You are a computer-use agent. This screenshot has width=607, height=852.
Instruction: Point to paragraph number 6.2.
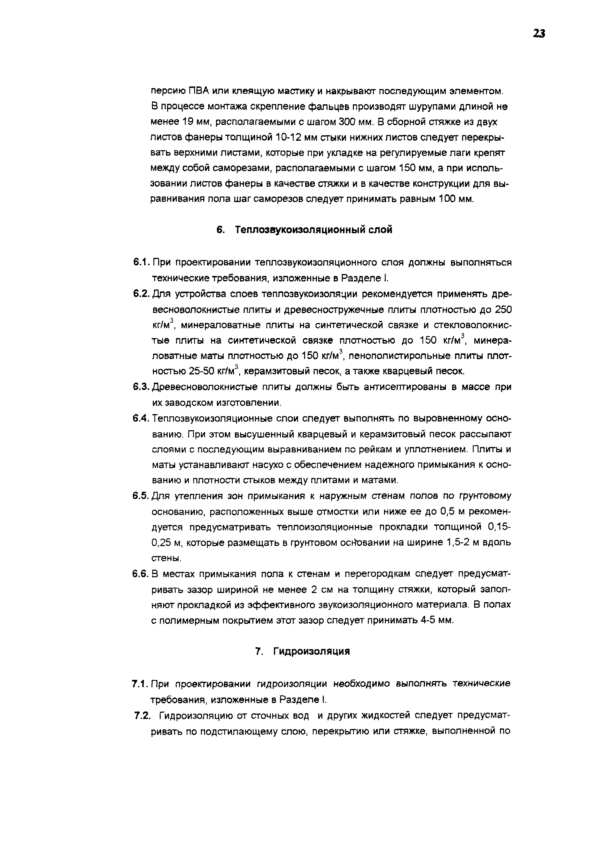(141, 294)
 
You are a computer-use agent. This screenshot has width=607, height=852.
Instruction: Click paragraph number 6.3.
(141, 387)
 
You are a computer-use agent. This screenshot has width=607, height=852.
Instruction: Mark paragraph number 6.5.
(141, 496)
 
